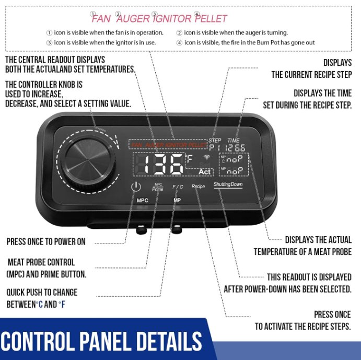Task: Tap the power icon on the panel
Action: [x=136, y=187]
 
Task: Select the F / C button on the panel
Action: [x=178, y=187]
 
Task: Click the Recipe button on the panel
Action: [x=198, y=187]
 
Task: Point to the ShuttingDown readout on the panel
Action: [x=228, y=184]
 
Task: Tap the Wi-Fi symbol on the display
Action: [x=207, y=156]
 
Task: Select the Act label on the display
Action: [x=206, y=171]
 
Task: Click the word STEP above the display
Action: [x=215, y=141]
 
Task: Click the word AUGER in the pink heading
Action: [x=133, y=19]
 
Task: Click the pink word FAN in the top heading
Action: [x=101, y=19]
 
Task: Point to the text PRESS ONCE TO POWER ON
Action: [x=46, y=242]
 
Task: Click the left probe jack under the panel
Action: [x=141, y=228]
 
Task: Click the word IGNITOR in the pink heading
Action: [x=172, y=19]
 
